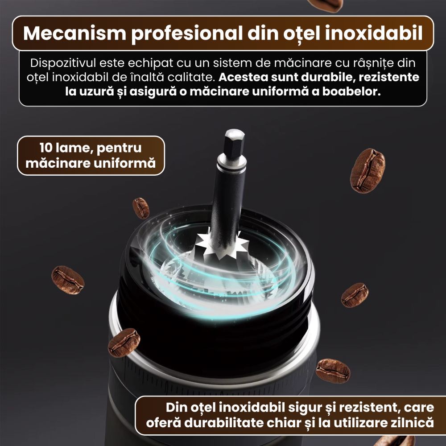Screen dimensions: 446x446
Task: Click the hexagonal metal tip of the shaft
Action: [x=234, y=140]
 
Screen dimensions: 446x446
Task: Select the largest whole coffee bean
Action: [x=368, y=170]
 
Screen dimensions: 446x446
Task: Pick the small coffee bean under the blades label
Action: [x=141, y=208]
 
